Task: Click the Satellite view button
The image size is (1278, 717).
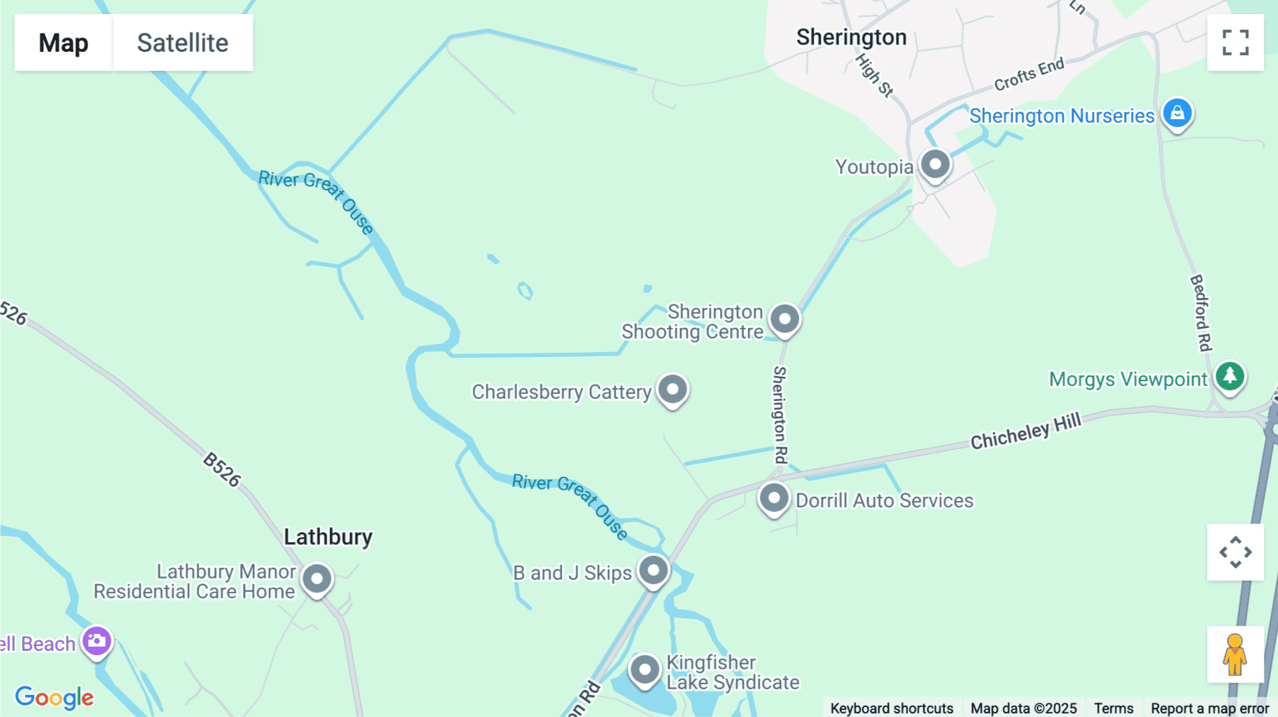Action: pos(182,43)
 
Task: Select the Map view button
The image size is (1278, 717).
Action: pos(63,43)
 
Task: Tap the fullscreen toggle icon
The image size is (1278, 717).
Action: pos(1235,43)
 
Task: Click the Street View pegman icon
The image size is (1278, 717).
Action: pos(1235,655)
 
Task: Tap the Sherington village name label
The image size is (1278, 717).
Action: pos(851,37)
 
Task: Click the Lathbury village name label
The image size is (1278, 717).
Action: pos(328,537)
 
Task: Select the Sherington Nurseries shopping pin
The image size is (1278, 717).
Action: pos(1177,113)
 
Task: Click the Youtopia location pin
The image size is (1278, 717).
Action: pos(935,164)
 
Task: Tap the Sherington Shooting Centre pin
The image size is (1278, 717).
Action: pos(785,319)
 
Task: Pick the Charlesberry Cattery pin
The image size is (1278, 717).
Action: pos(672,389)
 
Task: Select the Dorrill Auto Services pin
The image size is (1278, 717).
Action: pos(773,498)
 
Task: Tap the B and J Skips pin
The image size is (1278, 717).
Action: pos(653,570)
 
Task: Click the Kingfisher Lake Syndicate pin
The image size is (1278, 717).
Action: pos(645,669)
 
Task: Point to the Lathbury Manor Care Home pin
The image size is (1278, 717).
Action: pos(317,579)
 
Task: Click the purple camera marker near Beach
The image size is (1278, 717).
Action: pos(97,641)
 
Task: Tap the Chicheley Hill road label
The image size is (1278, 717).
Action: pos(1025,431)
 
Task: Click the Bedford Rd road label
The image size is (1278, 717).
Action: pos(1201,312)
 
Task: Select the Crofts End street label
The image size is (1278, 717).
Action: pos(1029,74)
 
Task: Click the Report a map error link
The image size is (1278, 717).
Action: pos(1209,708)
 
